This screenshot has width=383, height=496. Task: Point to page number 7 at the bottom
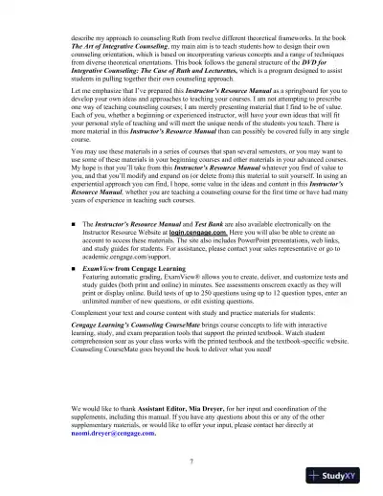click(x=191, y=462)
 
